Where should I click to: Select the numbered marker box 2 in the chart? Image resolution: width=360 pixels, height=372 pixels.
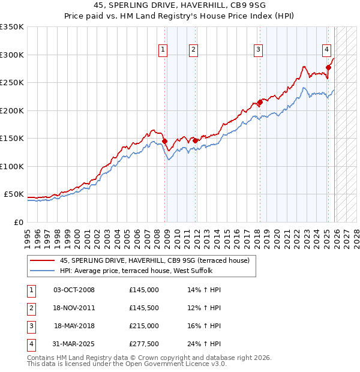click(x=194, y=50)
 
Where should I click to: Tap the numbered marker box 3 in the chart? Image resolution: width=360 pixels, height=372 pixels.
click(x=258, y=50)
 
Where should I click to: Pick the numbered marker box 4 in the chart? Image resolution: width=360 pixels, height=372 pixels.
click(x=326, y=50)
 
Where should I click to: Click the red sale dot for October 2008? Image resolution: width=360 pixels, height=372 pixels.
click(x=165, y=142)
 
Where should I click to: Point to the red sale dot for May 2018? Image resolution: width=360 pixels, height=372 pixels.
click(x=260, y=102)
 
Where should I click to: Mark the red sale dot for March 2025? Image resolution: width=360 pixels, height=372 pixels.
click(x=328, y=68)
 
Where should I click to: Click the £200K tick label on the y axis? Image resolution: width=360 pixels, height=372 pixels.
click(x=12, y=110)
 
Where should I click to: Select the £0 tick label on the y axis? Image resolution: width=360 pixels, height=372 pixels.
click(x=18, y=223)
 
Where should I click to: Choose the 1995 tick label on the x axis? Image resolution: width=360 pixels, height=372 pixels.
click(x=27, y=236)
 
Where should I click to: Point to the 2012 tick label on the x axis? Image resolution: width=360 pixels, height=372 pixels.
click(x=197, y=236)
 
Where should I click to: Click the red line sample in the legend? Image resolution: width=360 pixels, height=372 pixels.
click(x=42, y=260)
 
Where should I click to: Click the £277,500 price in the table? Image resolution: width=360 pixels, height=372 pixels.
click(x=144, y=344)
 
